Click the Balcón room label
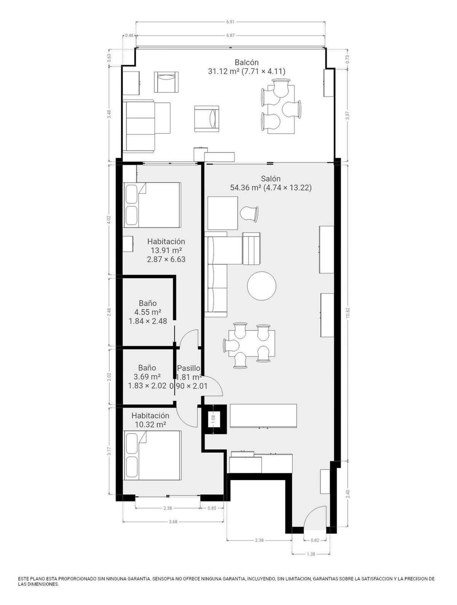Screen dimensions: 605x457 point(246,62)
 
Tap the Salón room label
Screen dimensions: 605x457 point(271,179)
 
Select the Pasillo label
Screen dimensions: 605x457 point(189,368)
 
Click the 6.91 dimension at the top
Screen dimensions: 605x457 point(230,22)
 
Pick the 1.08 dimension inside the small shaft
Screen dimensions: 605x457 point(214,419)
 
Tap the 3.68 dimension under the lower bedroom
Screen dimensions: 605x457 point(173,522)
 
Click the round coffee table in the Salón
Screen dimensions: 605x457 point(262,286)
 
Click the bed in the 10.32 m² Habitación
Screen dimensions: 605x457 point(152,455)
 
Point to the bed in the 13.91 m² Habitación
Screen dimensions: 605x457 point(152,205)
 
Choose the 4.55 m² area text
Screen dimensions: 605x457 point(147,312)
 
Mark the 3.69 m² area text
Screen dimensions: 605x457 point(147,377)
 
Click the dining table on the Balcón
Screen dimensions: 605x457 point(281,109)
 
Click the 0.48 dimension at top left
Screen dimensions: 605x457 point(129,35)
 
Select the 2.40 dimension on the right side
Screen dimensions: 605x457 point(347,494)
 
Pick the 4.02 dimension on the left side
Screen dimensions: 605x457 point(109,219)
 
